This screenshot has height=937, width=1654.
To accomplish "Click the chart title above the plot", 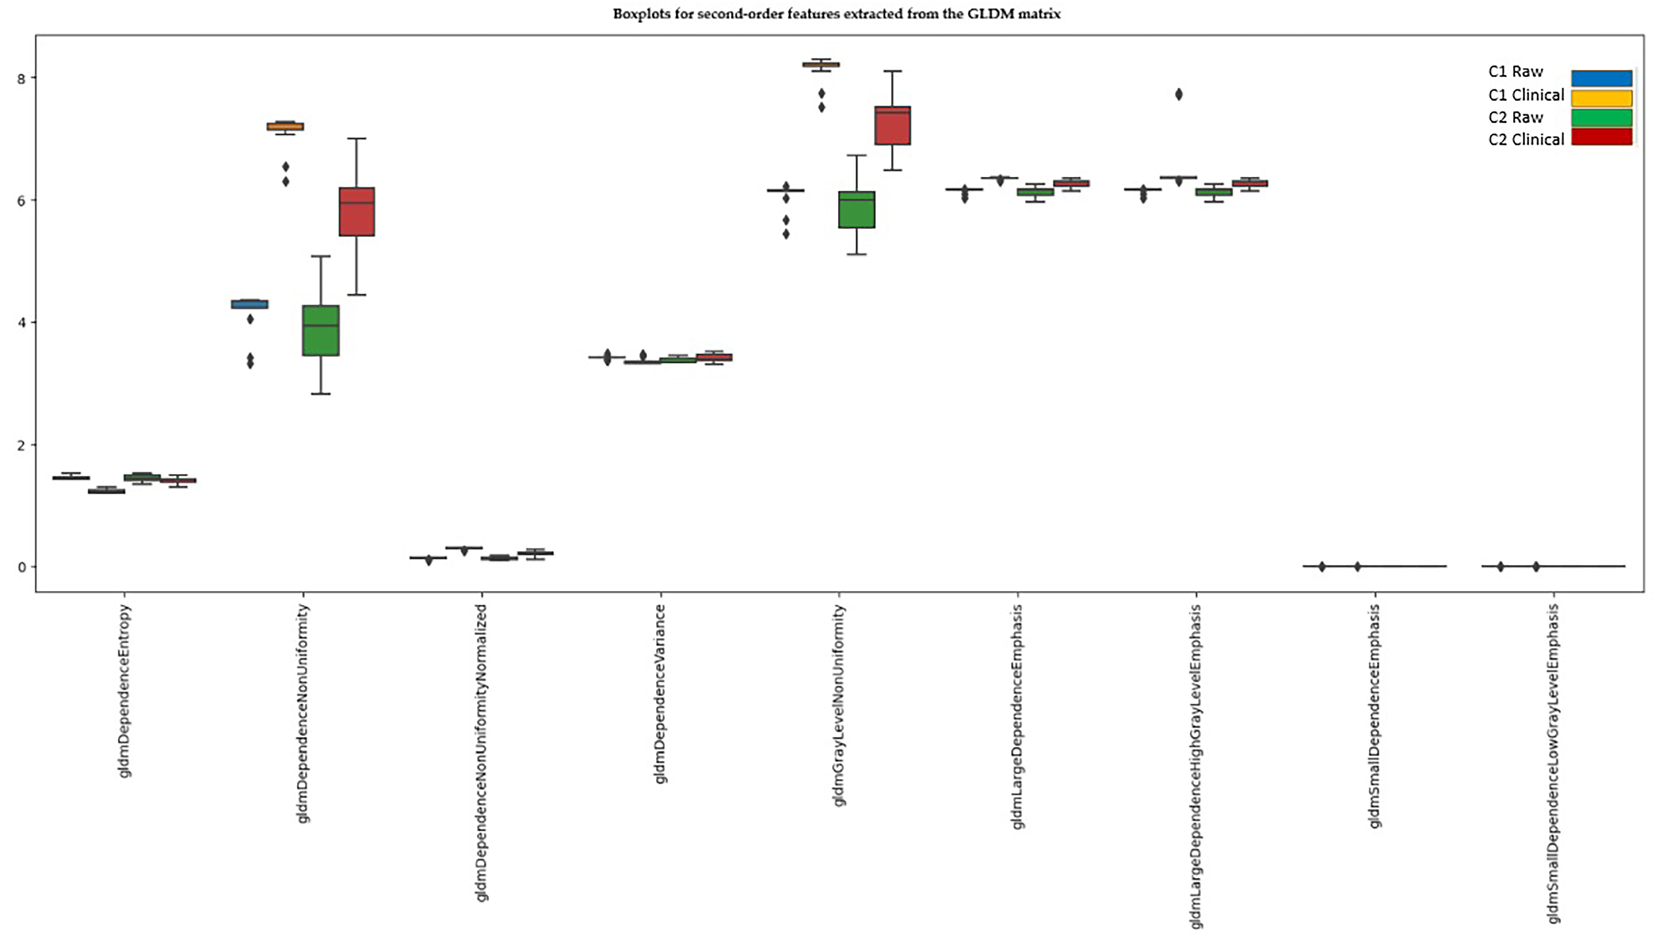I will pyautogui.click(x=836, y=13).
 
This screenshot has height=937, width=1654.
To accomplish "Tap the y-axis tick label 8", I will pyautogui.click(x=21, y=79).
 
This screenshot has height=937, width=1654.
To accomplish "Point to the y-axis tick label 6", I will pyautogui.click(x=21, y=201).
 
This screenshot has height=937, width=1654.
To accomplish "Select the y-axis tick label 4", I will pyautogui.click(x=21, y=322).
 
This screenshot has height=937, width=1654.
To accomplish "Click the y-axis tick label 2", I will pyautogui.click(x=21, y=445).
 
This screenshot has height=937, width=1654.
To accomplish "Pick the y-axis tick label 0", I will pyautogui.click(x=21, y=567).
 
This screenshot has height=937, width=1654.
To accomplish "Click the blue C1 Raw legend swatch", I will pyautogui.click(x=1601, y=78).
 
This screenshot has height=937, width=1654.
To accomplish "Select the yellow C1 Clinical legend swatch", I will pyautogui.click(x=1601, y=98).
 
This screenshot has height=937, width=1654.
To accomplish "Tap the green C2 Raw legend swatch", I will pyautogui.click(x=1601, y=118).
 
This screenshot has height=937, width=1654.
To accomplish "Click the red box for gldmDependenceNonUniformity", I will pyautogui.click(x=356, y=212).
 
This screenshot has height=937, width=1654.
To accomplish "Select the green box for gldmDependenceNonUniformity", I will pyautogui.click(x=321, y=330).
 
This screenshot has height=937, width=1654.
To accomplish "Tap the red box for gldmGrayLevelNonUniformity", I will pyautogui.click(x=892, y=126).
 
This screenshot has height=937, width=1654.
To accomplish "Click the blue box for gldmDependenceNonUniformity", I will pyautogui.click(x=250, y=304).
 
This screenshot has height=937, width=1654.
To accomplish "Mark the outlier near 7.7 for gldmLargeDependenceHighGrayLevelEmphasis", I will pyautogui.click(x=1178, y=95).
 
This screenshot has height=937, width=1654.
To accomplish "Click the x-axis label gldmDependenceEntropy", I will pyautogui.click(x=125, y=691).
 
